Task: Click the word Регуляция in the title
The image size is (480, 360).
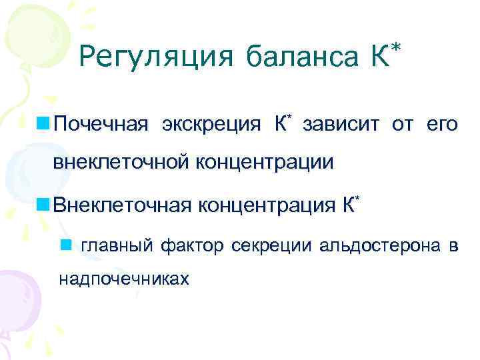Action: pos(156,59)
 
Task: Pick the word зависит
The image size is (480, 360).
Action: pos(341,124)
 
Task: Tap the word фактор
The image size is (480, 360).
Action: pos(194,246)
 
